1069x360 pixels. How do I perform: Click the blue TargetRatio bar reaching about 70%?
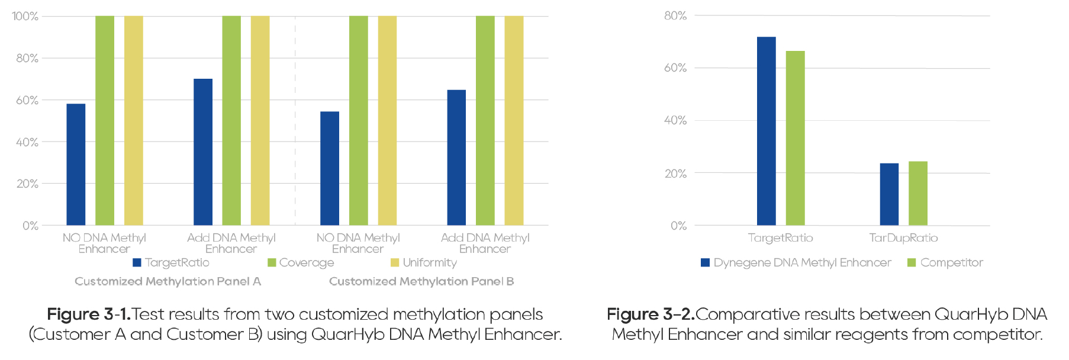(x=203, y=152)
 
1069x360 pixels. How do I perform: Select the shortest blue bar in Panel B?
(x=330, y=169)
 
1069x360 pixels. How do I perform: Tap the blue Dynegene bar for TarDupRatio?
(x=889, y=194)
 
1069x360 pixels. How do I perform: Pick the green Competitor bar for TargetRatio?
(x=795, y=138)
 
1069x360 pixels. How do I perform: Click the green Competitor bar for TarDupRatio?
(x=917, y=194)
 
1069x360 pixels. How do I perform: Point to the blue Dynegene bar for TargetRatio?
(x=766, y=131)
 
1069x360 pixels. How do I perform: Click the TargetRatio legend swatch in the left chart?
(x=137, y=262)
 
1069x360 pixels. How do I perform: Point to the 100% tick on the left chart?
(x=25, y=17)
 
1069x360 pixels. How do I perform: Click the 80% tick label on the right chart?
(x=675, y=16)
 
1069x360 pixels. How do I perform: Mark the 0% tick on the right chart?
(x=678, y=226)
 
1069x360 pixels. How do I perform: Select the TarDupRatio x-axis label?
(x=903, y=238)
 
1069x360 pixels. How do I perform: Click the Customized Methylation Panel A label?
(x=168, y=281)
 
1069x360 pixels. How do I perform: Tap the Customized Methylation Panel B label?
(x=421, y=281)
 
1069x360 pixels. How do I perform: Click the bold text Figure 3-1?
(x=89, y=314)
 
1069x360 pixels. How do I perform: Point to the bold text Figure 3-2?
(x=651, y=314)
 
